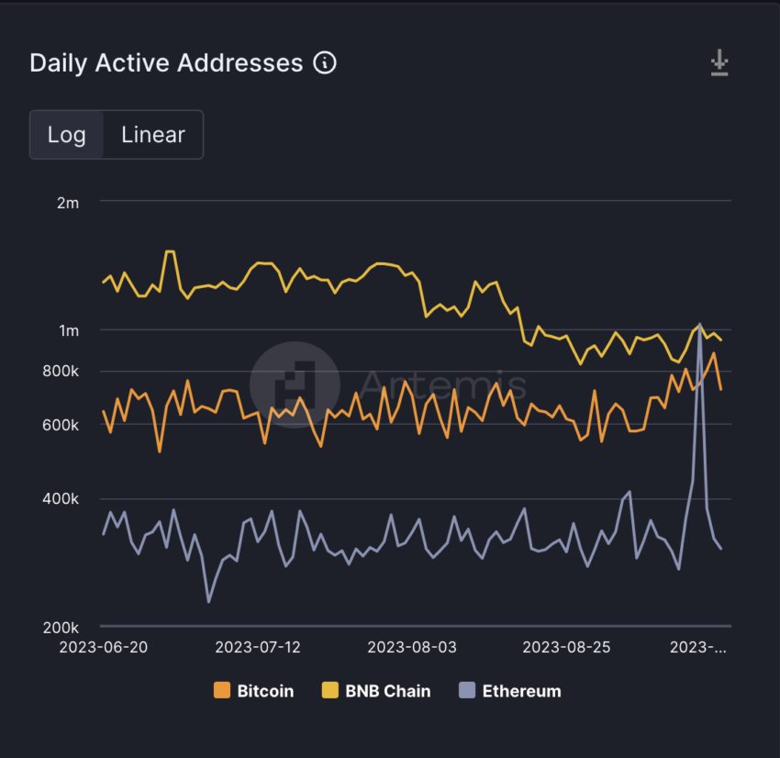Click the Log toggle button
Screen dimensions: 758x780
point(67,135)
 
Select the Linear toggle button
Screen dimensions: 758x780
point(152,135)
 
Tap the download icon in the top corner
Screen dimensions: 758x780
point(719,63)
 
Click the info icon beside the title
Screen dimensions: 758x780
point(325,63)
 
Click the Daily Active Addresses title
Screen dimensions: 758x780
point(166,63)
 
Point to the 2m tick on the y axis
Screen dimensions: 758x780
point(68,203)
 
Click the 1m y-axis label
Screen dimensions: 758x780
point(68,330)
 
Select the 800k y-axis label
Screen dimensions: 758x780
point(62,372)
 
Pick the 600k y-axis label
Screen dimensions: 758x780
point(62,424)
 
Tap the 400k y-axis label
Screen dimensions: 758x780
point(62,499)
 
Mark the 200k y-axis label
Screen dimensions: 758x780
point(62,628)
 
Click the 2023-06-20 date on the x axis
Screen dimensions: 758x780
point(103,647)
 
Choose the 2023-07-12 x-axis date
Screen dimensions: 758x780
point(258,647)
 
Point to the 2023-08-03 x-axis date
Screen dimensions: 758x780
point(412,647)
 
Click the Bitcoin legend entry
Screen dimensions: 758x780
point(254,691)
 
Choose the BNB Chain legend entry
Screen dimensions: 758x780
point(376,691)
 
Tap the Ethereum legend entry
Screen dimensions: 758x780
point(509,691)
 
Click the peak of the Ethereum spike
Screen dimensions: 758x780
point(700,325)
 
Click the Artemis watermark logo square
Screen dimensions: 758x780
point(295,385)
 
